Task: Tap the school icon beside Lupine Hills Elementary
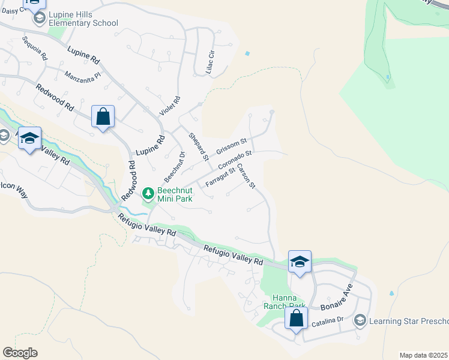pyautogui.click(x=39, y=18)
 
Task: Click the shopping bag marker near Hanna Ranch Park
pyautogui.click(x=296, y=318)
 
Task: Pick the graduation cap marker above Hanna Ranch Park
pyautogui.click(x=300, y=262)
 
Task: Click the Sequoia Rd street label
pyautogui.click(x=34, y=48)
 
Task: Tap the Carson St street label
pyautogui.click(x=246, y=176)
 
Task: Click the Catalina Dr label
pyautogui.click(x=327, y=323)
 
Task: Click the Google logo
pyautogui.click(x=20, y=353)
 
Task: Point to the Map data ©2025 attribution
pyautogui.click(x=424, y=355)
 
